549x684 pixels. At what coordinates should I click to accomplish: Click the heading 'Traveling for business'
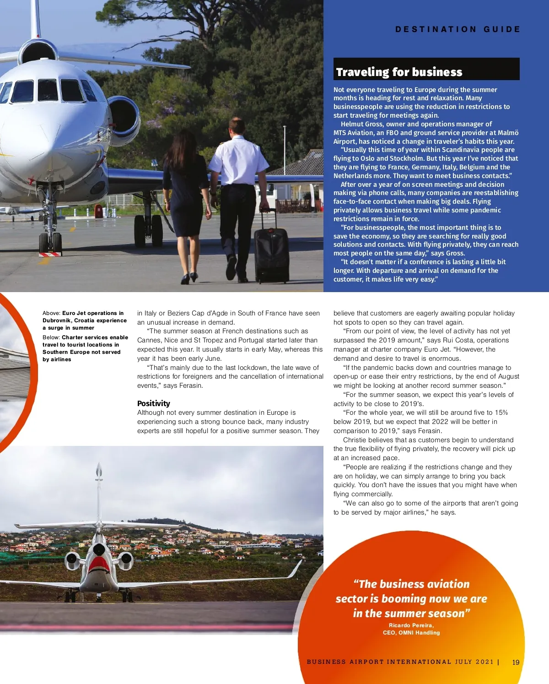click(x=399, y=72)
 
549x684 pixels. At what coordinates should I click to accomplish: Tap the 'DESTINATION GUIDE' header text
click(x=457, y=29)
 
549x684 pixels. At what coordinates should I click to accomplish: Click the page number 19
click(x=516, y=662)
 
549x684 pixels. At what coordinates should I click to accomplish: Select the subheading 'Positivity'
click(x=153, y=403)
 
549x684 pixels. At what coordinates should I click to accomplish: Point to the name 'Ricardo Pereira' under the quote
click(x=411, y=625)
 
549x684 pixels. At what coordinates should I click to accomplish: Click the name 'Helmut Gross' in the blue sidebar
click(x=362, y=124)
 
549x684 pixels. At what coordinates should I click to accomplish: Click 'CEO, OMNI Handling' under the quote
click(x=411, y=633)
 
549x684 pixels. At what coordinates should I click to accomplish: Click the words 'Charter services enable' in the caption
click(x=95, y=337)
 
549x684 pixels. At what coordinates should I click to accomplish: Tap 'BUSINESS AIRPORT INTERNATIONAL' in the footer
click(x=379, y=662)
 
